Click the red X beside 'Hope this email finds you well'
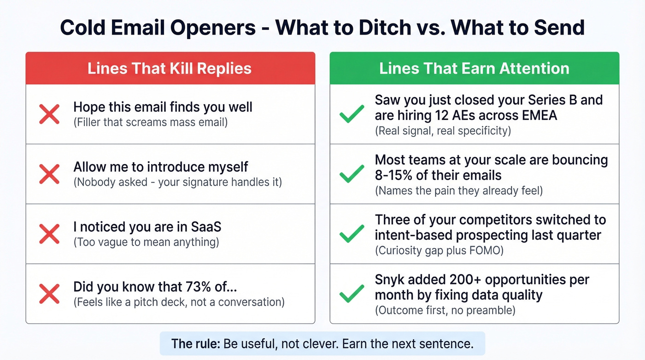(x=49, y=114)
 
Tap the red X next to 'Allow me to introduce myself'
(x=49, y=174)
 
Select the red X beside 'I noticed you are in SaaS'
(x=49, y=234)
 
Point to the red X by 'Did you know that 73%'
(x=49, y=294)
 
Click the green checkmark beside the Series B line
(x=352, y=114)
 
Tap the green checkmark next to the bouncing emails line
(x=352, y=174)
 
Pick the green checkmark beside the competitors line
(x=352, y=234)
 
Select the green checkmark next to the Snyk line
(x=352, y=294)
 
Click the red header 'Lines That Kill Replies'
(x=170, y=69)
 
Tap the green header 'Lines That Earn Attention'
(x=474, y=69)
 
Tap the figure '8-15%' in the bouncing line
(x=394, y=175)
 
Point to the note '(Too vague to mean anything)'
(x=146, y=242)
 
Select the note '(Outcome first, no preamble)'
(x=445, y=310)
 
